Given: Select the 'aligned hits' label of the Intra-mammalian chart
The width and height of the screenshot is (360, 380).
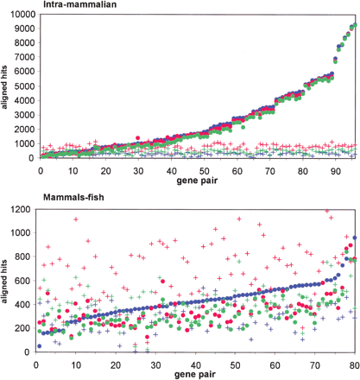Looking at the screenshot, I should [x=7, y=87].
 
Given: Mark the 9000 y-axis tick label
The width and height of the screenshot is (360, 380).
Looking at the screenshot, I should [x=24, y=28].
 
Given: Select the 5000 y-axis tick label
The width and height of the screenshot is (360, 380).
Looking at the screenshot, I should [x=24, y=85].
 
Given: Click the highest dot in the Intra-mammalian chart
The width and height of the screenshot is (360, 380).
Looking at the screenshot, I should [x=352, y=24].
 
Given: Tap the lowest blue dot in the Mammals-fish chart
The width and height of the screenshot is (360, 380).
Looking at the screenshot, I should [x=39, y=345].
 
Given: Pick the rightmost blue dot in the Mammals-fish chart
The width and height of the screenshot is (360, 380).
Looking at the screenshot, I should [x=353, y=237].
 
